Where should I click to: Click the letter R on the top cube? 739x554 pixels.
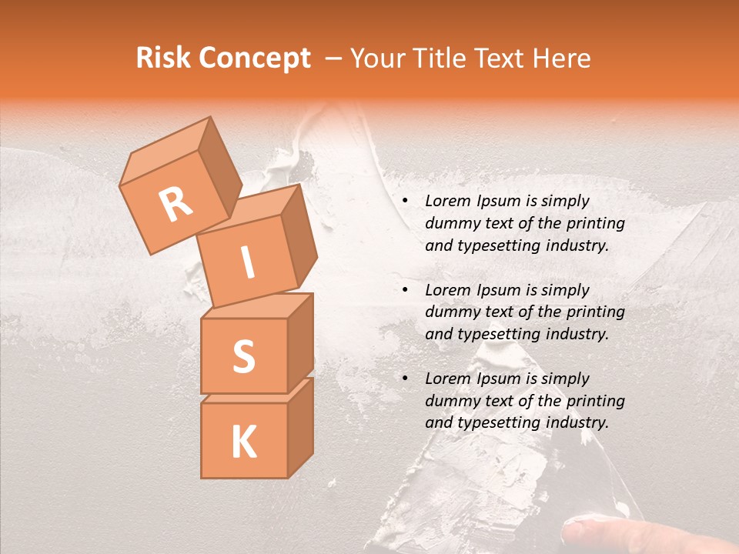point(176,204)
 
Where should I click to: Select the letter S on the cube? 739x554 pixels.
point(243,356)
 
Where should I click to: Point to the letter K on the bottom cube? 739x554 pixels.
point(243,442)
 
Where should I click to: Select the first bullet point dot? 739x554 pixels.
point(405,202)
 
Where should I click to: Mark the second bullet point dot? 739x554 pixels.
point(405,290)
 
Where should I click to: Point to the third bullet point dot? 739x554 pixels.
point(405,379)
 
